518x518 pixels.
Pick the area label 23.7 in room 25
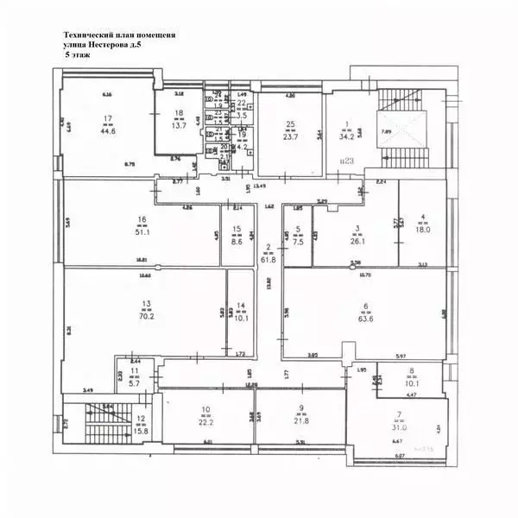pyautogui.click(x=292, y=136)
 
